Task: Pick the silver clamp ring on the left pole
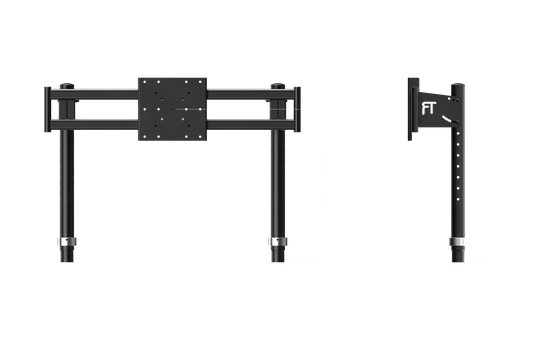(67, 242)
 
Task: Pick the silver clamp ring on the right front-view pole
(274, 242)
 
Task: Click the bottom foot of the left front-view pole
(67, 258)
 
